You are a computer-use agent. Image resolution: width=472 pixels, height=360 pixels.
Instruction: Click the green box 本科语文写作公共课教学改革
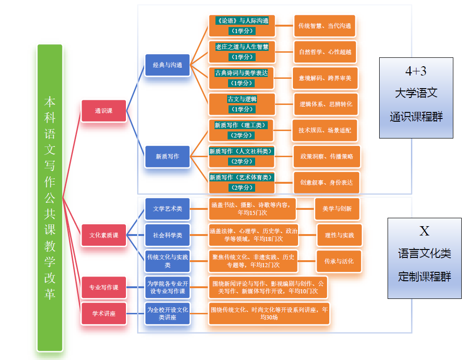tap(50, 197)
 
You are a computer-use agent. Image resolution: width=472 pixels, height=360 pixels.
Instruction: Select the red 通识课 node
tap(104, 111)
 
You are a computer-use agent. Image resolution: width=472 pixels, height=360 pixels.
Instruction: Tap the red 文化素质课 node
tap(104, 235)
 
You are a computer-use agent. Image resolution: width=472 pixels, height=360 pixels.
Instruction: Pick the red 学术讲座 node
tap(104, 313)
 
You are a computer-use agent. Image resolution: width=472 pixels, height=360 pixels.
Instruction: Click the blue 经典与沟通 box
tap(167, 65)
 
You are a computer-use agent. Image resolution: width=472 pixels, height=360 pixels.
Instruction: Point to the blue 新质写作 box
tap(167, 157)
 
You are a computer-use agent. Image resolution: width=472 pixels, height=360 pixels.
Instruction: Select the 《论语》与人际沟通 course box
tap(242, 26)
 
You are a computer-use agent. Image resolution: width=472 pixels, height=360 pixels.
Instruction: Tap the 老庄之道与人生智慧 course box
tap(242, 52)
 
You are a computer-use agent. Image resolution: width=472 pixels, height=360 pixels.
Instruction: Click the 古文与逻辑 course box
tap(242, 104)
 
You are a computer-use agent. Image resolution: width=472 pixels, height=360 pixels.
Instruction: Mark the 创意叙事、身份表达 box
tap(326, 182)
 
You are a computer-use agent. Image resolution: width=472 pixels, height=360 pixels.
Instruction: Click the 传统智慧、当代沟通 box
tap(325, 26)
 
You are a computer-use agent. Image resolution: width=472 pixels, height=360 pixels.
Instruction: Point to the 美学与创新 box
tap(337, 209)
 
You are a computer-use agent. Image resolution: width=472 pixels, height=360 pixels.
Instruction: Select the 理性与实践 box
tap(339, 235)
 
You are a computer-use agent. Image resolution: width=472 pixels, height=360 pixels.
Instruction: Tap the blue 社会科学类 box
tap(167, 235)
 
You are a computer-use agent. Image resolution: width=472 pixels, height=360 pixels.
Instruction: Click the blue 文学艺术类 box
tap(167, 209)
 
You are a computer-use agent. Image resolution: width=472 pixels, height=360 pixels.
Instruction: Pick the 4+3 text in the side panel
tap(416, 71)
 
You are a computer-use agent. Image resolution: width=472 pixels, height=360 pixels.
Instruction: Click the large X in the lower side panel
tap(424, 231)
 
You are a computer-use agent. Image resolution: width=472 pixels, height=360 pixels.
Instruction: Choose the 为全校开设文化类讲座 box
tap(167, 313)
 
